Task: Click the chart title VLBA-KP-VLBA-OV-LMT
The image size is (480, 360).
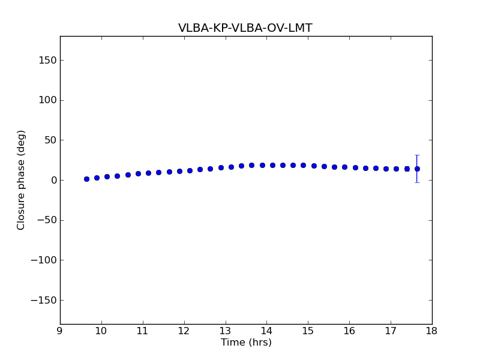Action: pos(245,28)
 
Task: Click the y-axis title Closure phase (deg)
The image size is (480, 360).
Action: pos(22,180)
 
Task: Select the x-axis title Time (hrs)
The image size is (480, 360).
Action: pos(246,343)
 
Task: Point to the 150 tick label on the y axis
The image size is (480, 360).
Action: pos(49,61)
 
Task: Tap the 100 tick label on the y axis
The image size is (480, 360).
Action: pos(49,100)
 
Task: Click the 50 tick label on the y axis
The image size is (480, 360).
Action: pos(51,140)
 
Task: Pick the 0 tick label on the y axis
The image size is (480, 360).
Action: pos(53,181)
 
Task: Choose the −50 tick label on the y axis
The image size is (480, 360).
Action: pos(47,220)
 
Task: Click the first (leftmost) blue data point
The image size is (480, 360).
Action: pos(86,179)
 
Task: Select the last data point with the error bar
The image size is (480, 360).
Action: pos(417,169)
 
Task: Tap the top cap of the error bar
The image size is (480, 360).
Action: pos(417,155)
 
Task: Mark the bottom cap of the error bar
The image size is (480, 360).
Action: pos(417,182)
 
